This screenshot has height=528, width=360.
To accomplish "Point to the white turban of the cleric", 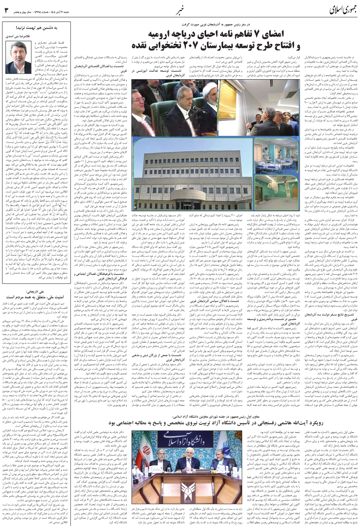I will [211, 86].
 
